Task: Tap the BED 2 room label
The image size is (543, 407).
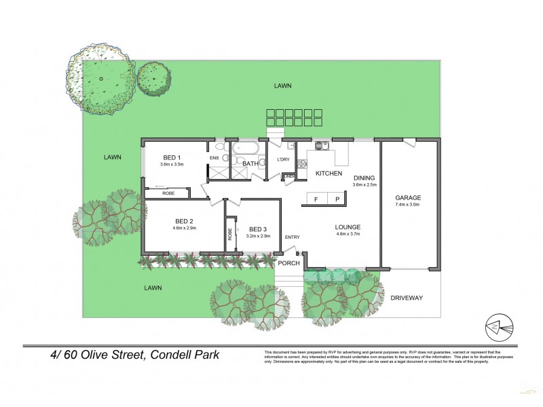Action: click(x=185, y=221)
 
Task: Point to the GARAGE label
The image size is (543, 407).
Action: click(x=408, y=197)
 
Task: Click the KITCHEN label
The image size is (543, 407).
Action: click(x=329, y=174)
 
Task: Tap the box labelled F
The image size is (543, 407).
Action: click(x=316, y=199)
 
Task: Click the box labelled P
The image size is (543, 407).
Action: click(x=337, y=199)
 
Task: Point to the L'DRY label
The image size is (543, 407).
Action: click(x=283, y=160)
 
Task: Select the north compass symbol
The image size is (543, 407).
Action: click(x=500, y=328)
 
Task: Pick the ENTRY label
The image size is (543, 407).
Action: click(x=293, y=237)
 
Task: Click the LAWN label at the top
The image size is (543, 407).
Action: click(x=283, y=86)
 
